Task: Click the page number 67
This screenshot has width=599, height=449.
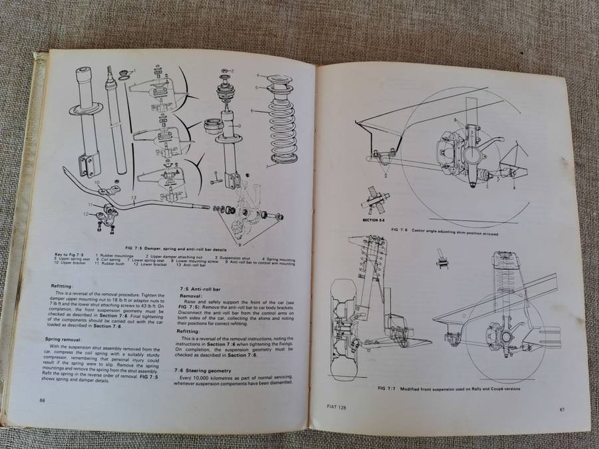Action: click(x=562, y=409)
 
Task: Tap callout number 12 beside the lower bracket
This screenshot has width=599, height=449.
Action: click(x=86, y=214)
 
